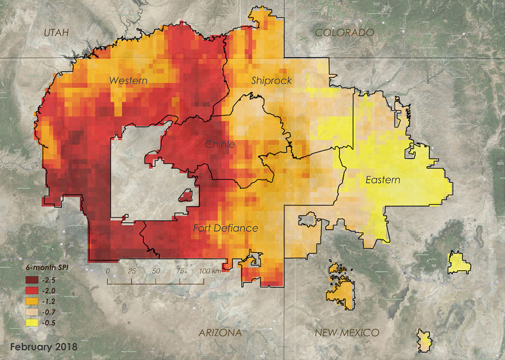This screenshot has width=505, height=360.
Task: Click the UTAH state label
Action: click(x=56, y=33)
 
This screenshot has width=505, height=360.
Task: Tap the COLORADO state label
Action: click(x=344, y=32)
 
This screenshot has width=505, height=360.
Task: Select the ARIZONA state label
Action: click(x=220, y=333)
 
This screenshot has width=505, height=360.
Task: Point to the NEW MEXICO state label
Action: click(x=347, y=333)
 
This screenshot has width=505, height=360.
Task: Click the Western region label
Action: click(x=128, y=81)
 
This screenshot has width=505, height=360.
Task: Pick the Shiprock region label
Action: click(x=271, y=81)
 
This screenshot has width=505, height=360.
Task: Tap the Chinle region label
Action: click(x=220, y=145)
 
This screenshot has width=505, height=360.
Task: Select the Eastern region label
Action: click(x=383, y=180)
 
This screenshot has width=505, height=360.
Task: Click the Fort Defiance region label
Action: click(x=225, y=228)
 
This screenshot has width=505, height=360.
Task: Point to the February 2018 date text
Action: click(x=43, y=347)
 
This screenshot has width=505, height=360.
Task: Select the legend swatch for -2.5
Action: click(x=32, y=280)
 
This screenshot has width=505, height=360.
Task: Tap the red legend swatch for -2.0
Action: click(x=32, y=290)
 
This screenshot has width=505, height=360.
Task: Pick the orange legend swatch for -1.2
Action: click(x=32, y=301)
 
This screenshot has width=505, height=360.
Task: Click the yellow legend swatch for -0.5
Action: click(x=32, y=323)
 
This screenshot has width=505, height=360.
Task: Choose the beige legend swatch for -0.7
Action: click(x=32, y=312)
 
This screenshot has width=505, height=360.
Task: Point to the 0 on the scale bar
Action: click(x=108, y=271)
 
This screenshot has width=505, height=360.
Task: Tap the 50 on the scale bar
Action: click(x=156, y=271)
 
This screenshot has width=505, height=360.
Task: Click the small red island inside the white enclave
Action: click(x=186, y=195)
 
